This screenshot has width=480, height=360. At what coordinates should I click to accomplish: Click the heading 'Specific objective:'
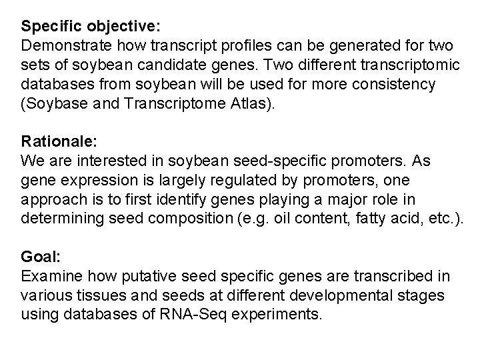pyautogui.click(x=91, y=28)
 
